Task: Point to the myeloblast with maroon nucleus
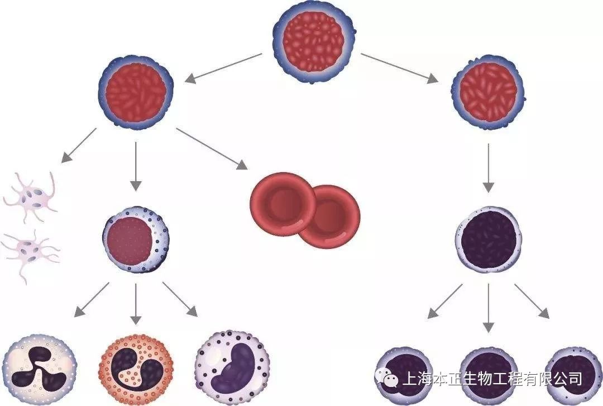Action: pos(136,241)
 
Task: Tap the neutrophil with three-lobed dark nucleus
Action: pos(39,369)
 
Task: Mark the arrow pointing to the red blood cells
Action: pos(212,148)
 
